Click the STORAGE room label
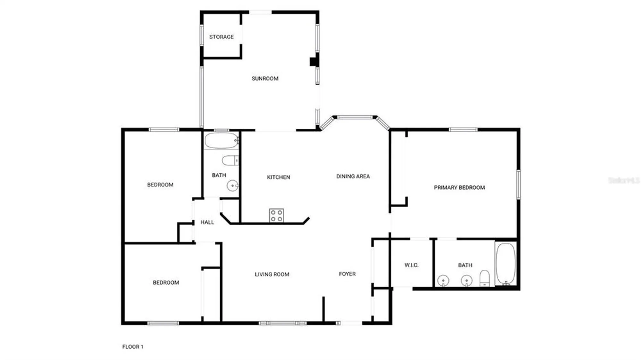point(221,37)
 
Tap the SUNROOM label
point(265,78)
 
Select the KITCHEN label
point(278,177)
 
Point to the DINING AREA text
point(353,176)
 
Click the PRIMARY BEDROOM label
point(459,187)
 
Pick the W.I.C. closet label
point(411,265)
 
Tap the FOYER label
point(347,274)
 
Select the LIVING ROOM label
point(272,274)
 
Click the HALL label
point(207,222)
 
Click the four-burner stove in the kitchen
point(276,215)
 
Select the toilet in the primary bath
point(485,278)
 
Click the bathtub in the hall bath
point(221,141)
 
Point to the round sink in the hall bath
point(232,185)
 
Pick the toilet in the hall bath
point(230,160)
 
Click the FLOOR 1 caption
point(133,347)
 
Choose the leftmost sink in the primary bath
point(443,281)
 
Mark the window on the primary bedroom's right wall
point(518,184)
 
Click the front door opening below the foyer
point(351,323)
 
